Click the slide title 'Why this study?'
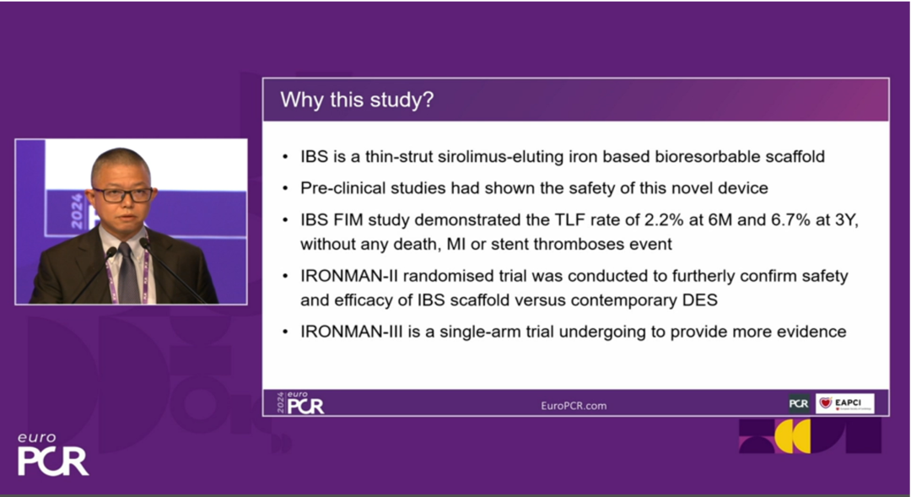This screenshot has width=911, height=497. click(357, 100)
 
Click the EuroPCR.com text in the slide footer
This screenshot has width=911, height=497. click(574, 406)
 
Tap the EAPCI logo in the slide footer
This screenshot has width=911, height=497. click(844, 403)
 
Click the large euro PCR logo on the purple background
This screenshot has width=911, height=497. click(53, 454)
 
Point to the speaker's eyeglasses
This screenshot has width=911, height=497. click(122, 195)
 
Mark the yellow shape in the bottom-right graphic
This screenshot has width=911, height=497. click(792, 436)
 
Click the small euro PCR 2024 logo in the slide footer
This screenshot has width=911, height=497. click(300, 402)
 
